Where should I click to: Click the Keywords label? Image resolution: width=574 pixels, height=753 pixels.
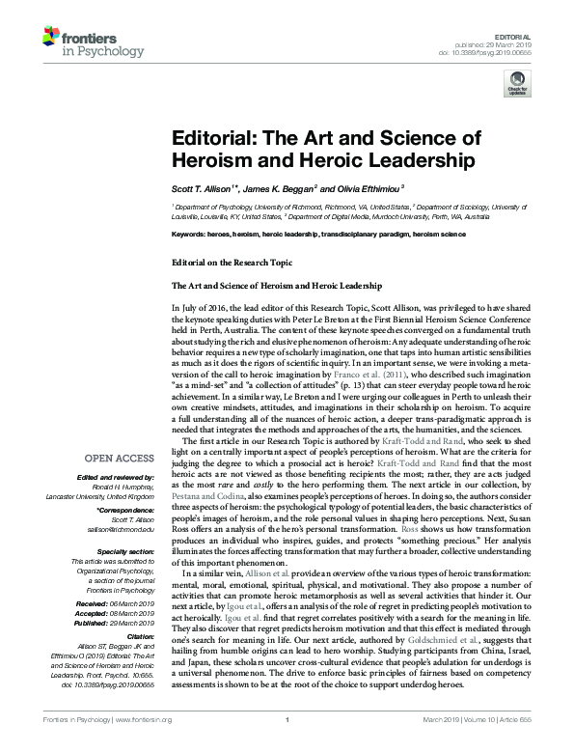188,235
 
